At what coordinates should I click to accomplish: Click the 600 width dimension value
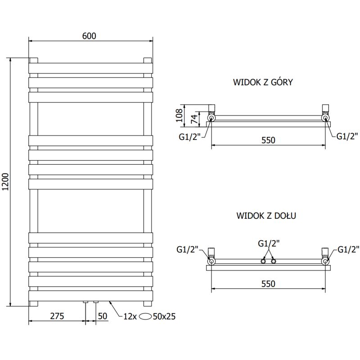point(90,36)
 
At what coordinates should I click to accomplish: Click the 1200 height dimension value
point(5,182)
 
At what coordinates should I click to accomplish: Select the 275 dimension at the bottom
point(56,316)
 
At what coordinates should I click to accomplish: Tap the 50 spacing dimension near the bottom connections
point(102,316)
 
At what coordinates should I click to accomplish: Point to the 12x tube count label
point(130,316)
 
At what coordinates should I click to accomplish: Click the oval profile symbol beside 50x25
point(145,316)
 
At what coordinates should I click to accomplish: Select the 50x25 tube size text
point(164,316)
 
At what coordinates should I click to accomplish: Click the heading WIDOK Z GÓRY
point(263,82)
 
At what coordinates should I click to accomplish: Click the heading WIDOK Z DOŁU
point(265,216)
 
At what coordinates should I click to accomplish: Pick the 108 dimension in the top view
point(179,115)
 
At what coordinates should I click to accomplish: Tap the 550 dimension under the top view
point(268,140)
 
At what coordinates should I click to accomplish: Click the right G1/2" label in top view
point(347,136)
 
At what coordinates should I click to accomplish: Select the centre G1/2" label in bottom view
point(269,243)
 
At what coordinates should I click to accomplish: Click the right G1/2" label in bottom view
point(348,249)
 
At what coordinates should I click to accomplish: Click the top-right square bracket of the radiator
point(147,60)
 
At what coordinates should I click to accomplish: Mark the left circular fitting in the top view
point(211,118)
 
